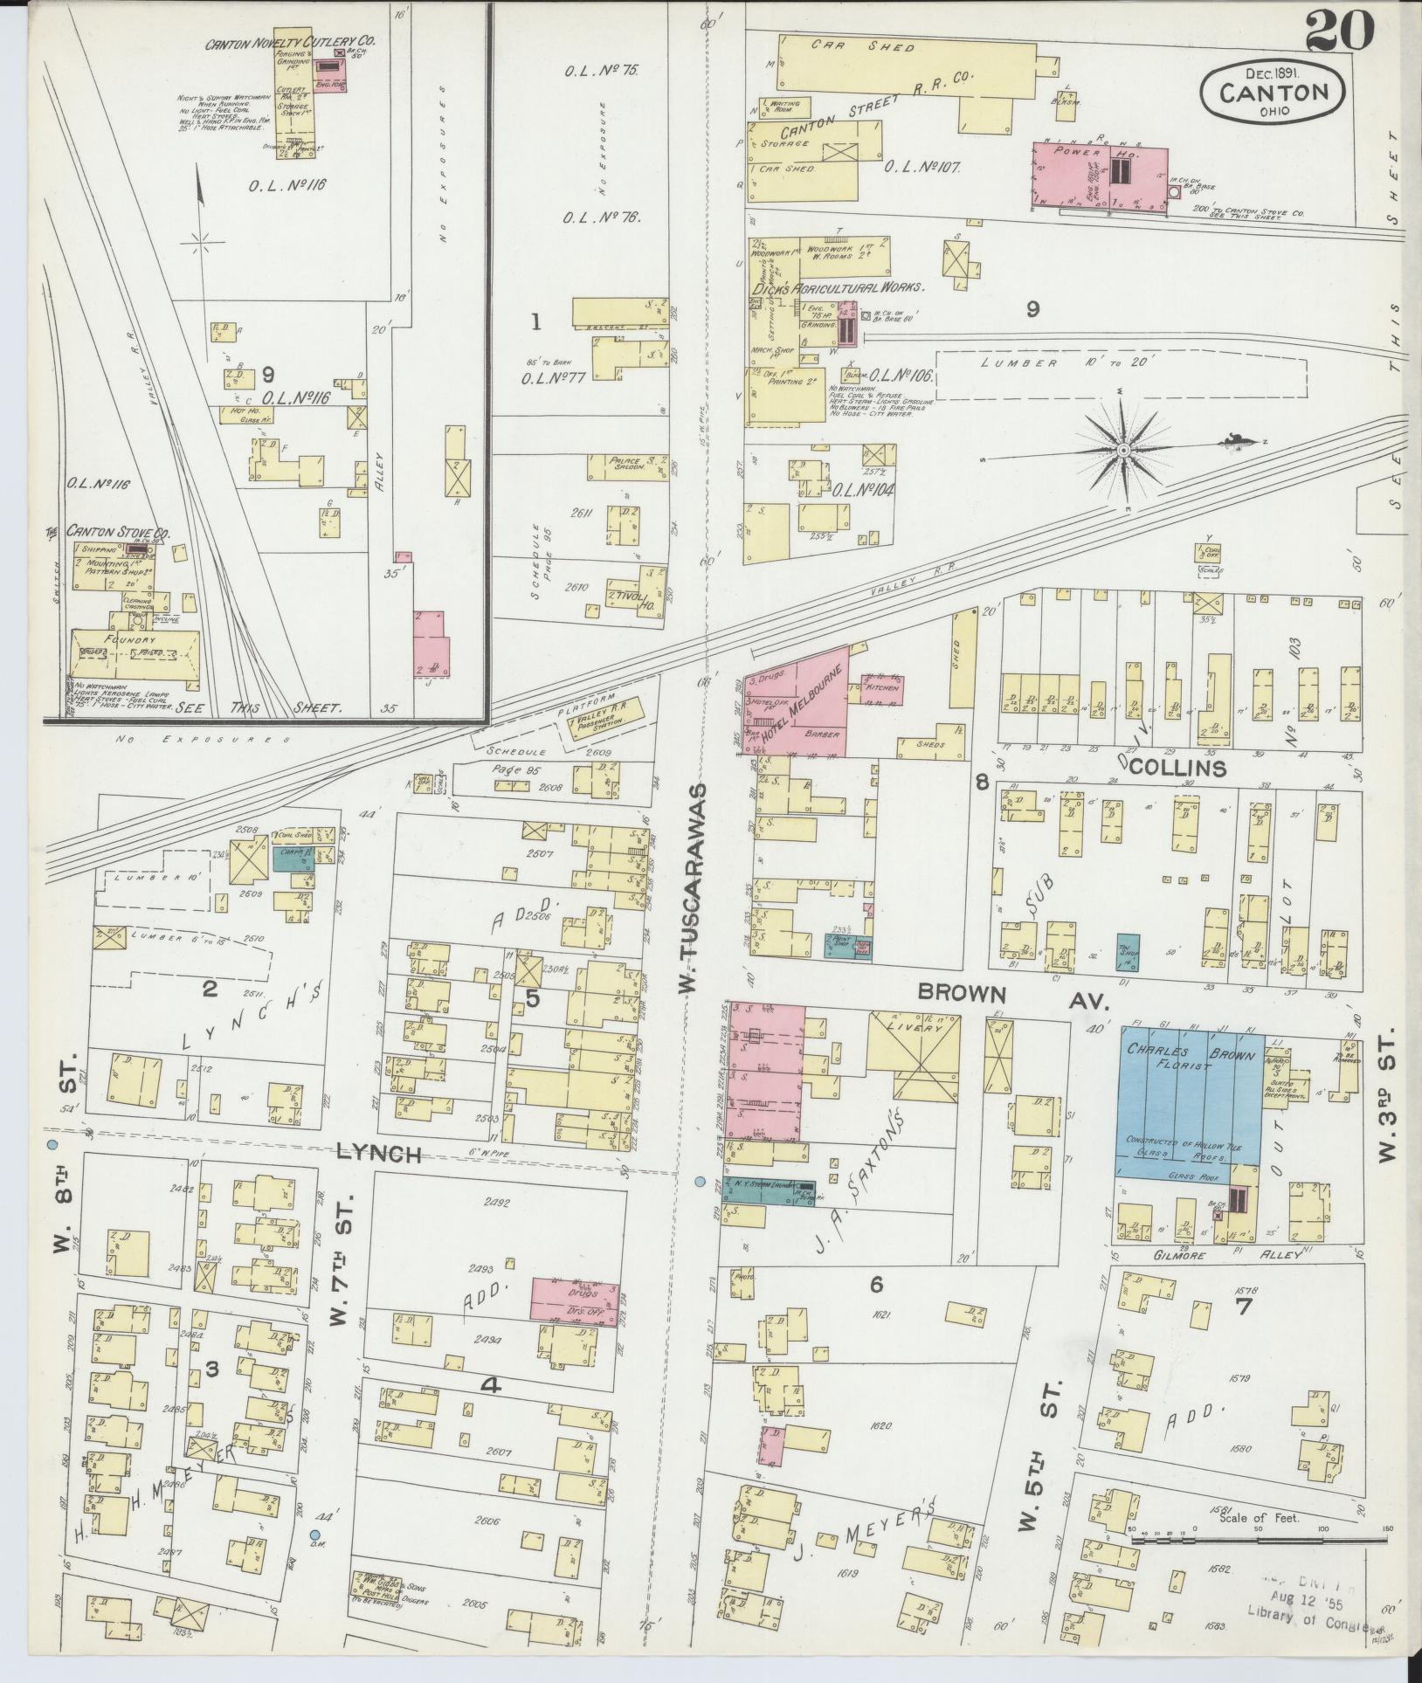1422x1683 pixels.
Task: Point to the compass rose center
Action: tap(1124, 451)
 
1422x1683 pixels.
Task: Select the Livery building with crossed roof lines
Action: tap(913, 1057)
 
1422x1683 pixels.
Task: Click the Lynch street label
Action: tap(379, 1155)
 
